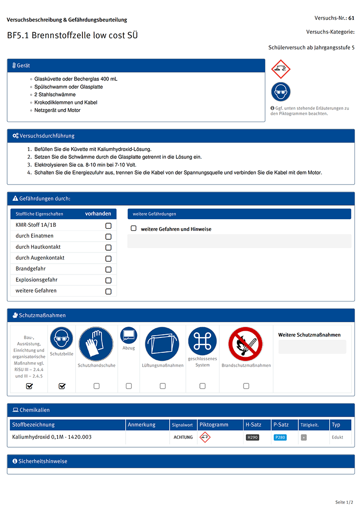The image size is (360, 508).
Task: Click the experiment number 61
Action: click(351, 18)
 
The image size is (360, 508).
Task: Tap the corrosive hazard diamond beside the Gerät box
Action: click(281, 69)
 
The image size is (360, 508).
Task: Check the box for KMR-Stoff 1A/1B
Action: click(108, 225)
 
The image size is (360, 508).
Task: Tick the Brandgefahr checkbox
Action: click(108, 270)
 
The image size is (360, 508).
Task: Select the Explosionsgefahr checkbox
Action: click(108, 280)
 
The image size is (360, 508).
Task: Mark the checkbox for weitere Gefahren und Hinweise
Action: click(134, 229)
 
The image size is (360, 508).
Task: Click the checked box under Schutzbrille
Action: click(62, 386)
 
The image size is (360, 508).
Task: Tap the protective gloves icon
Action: click(96, 344)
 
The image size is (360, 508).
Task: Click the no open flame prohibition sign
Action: click(246, 344)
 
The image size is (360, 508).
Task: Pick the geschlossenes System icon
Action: click(202, 341)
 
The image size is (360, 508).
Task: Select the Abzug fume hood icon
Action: click(129, 336)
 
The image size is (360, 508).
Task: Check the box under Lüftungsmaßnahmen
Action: click(162, 386)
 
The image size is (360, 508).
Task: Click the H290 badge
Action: click(252, 437)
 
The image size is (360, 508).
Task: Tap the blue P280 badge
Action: click(279, 437)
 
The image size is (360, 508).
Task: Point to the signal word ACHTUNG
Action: click(183, 437)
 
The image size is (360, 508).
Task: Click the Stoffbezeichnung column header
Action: click(34, 425)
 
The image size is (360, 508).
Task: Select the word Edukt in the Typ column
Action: click(337, 437)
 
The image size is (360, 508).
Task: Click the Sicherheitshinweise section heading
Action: click(40, 461)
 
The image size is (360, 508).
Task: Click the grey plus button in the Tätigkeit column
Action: click(304, 437)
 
